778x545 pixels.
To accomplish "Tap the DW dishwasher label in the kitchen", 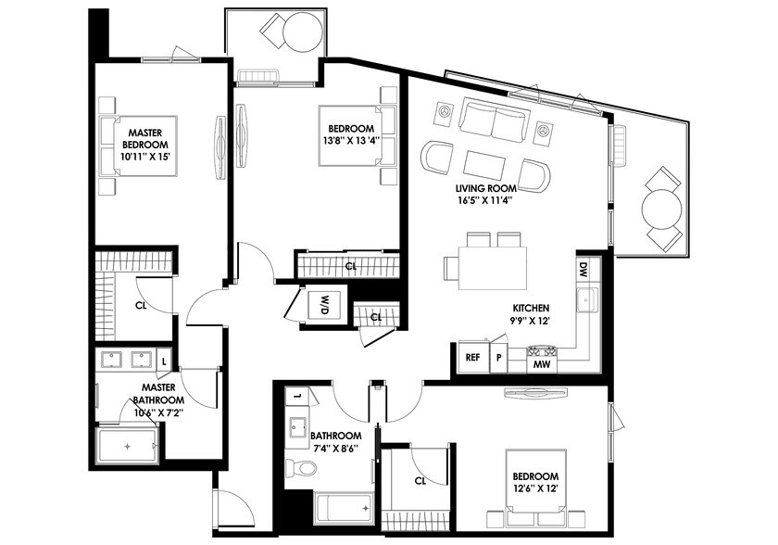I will pos(583,271).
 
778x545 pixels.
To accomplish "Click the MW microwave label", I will pos(542,364).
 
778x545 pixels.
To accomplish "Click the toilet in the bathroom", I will pos(295,466).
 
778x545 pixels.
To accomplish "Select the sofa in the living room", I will pos(494,120).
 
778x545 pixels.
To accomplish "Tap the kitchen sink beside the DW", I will pos(585,301).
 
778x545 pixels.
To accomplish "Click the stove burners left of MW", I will pos(542,350).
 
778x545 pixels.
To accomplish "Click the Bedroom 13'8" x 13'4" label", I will pos(350,133).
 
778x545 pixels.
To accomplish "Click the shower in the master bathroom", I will pos(128,447).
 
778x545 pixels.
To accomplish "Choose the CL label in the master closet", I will pos(141,304).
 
